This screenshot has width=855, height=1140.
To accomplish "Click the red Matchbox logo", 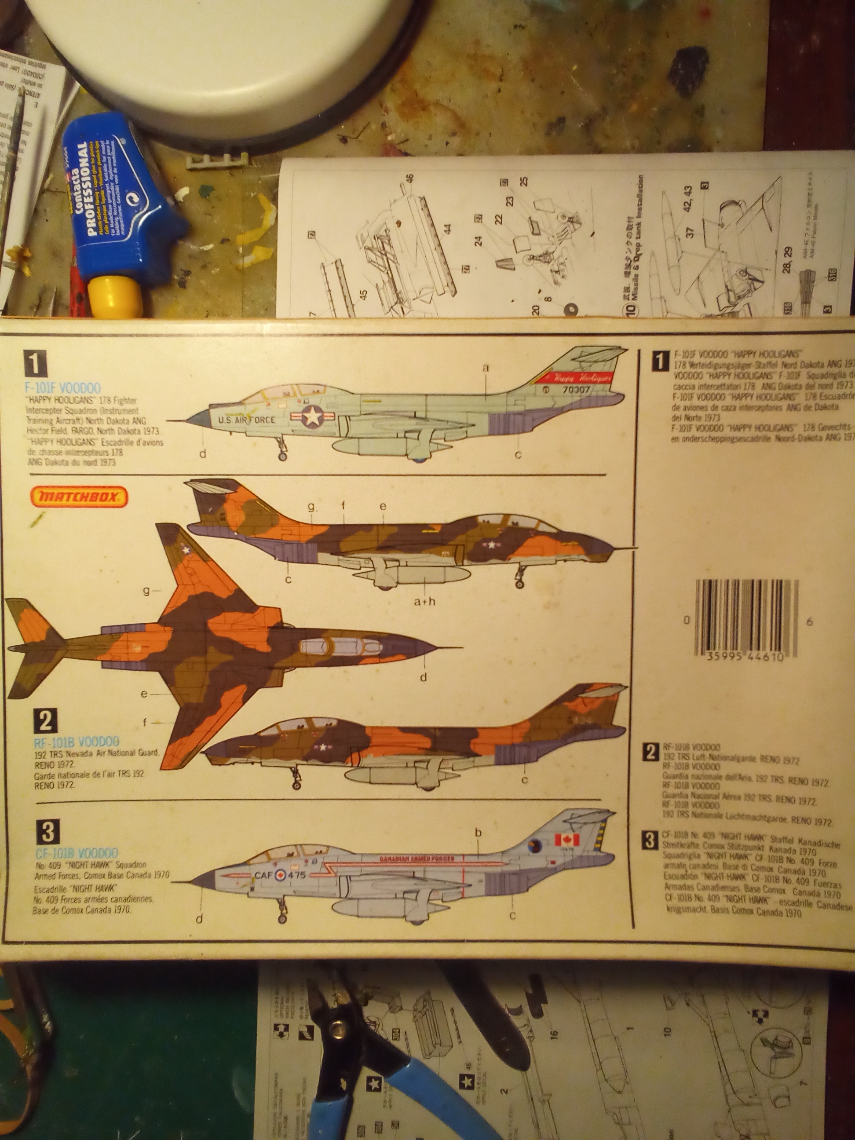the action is (79, 497).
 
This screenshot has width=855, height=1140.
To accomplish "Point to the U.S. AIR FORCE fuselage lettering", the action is (246, 420).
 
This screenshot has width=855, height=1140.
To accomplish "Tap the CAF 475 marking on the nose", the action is (280, 875).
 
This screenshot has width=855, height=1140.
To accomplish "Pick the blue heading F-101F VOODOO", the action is (62, 388).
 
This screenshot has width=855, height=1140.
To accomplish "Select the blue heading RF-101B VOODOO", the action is (76, 742).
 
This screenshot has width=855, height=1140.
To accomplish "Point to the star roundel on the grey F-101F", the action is (312, 415).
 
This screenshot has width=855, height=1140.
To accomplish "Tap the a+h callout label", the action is (425, 601).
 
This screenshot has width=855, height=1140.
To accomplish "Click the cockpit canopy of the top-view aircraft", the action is (332, 646).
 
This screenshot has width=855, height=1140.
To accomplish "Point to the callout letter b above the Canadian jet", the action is (478, 832).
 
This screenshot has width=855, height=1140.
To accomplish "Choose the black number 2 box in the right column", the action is (651, 753).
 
